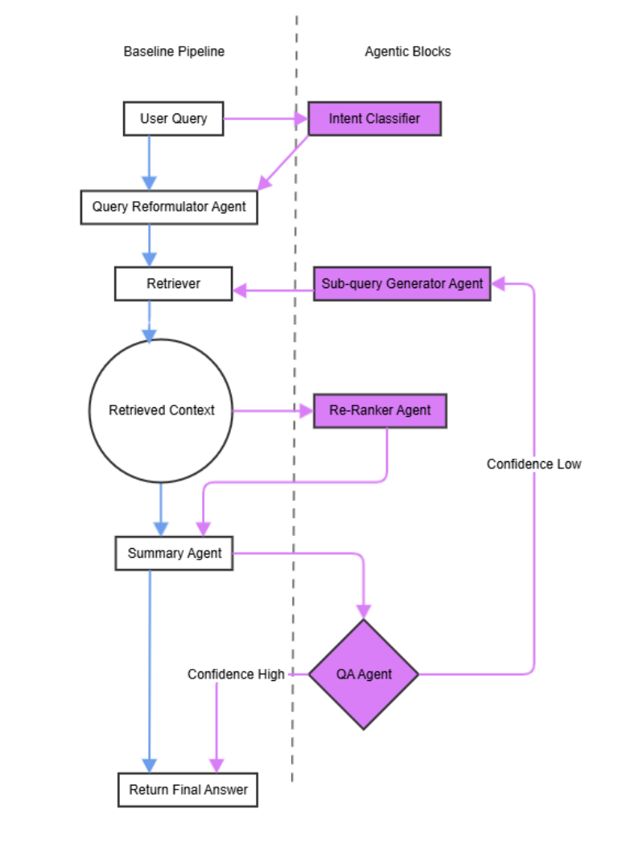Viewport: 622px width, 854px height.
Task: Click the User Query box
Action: point(173,118)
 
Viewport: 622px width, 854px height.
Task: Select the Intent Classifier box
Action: point(374,118)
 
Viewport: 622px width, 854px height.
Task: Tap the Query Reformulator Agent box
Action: point(169,207)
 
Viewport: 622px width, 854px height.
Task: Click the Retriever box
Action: point(173,283)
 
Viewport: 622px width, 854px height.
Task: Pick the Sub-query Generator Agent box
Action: point(402,283)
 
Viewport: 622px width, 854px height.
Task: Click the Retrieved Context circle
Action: point(161,410)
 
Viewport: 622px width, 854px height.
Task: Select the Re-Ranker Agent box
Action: point(379,410)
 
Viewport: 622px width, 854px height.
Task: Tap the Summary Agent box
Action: point(174,554)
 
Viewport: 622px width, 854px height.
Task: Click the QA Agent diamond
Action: point(364,675)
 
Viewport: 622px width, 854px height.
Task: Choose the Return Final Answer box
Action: point(188,790)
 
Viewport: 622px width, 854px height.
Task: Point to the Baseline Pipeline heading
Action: point(174,52)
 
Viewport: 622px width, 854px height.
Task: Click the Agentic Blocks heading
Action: point(407,52)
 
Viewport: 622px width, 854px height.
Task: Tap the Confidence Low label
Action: point(533,464)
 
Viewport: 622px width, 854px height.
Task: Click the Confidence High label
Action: point(236,675)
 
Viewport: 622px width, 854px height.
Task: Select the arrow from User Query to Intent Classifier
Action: point(266,119)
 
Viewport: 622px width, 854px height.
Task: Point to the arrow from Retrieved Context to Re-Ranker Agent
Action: point(272,410)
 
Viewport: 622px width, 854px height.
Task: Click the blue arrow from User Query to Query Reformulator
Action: point(149,161)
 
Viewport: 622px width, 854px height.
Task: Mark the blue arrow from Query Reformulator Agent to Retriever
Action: point(149,245)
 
